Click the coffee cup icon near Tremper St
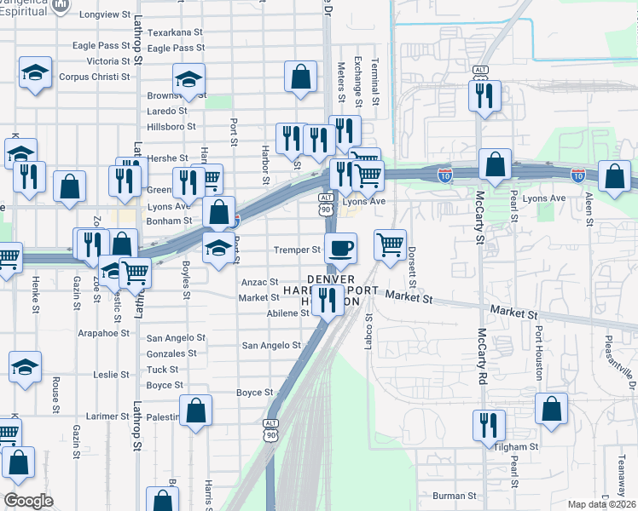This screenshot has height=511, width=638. pos(340,248)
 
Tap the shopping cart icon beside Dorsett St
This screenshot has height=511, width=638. pos(390,244)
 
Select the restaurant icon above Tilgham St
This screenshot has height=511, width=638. pos(489,423)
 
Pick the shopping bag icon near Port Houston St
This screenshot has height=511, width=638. pos(552,408)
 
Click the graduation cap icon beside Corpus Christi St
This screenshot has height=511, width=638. pos(36,72)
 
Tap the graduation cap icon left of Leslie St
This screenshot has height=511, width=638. pos(26,367)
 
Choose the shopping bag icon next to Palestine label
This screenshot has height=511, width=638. pos(196,411)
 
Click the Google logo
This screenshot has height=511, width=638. pos(28,501)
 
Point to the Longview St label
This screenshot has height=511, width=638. pos(104,15)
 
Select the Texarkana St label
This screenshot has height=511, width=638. pos(175,32)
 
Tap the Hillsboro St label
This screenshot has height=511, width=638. pos(171,126)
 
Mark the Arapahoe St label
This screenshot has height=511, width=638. pos(107,334)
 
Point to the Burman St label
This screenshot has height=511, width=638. pos(454,496)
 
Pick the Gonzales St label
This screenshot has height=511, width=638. pos(171,353)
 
